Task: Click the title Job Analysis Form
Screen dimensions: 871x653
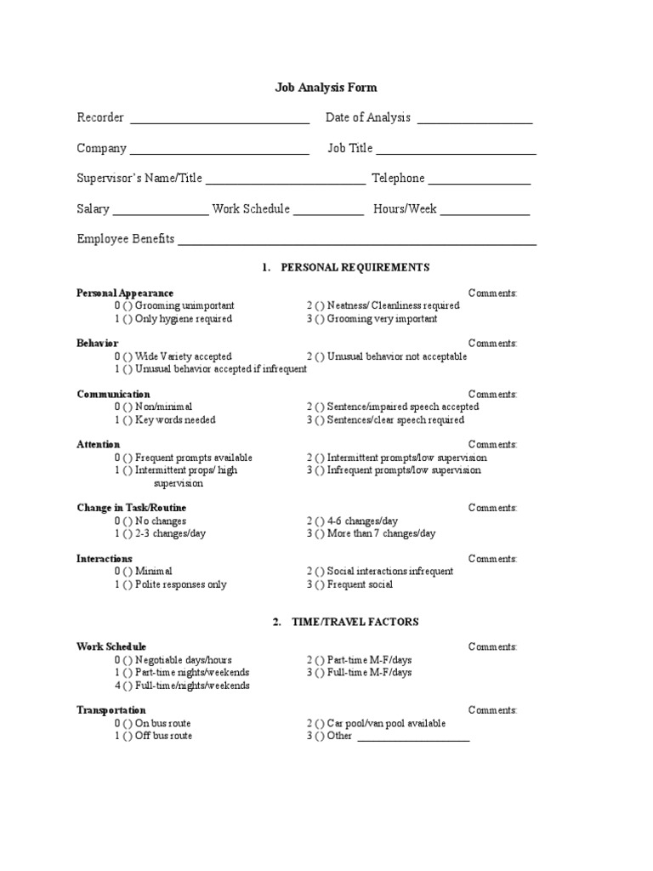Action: click(326, 87)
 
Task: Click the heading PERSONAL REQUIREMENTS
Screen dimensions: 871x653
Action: click(355, 267)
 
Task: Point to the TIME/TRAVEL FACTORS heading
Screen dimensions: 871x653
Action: click(355, 622)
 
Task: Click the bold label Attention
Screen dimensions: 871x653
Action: click(99, 444)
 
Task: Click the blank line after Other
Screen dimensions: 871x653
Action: click(413, 738)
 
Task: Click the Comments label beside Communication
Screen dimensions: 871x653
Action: click(492, 394)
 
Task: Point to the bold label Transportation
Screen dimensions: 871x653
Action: click(111, 709)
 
